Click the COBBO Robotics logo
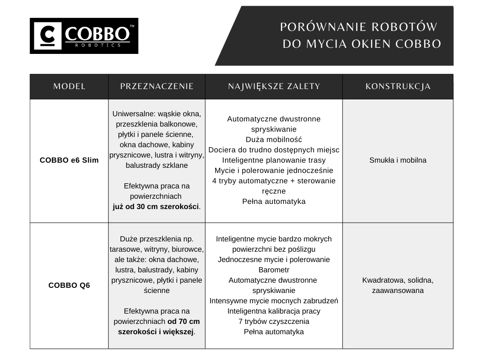coord(84,36)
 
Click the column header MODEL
coord(69,87)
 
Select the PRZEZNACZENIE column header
coord(157,87)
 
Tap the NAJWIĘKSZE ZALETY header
coord(274,87)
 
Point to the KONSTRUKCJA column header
coord(398,87)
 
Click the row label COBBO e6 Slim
coord(69,160)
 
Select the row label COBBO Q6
coord(69,285)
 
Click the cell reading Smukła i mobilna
coord(398,160)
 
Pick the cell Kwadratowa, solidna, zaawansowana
coord(398,285)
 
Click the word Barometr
coord(274,270)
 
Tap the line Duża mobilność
coord(274,140)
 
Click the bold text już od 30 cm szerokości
coord(156,206)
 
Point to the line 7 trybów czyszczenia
coord(274,322)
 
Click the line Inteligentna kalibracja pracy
coord(274,311)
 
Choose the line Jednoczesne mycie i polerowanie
coord(274,260)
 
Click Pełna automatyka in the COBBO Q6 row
coord(274,332)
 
